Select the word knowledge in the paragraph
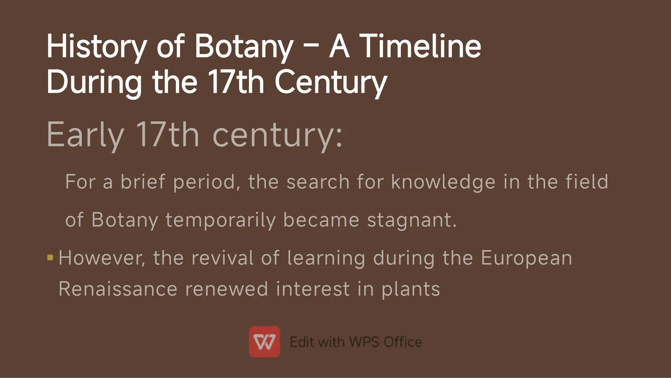[x=443, y=182]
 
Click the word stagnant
[x=412, y=220]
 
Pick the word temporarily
[x=220, y=220]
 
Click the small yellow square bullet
[x=50, y=258]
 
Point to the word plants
[x=411, y=289]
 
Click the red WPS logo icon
[x=264, y=342]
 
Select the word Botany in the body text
[x=125, y=220]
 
